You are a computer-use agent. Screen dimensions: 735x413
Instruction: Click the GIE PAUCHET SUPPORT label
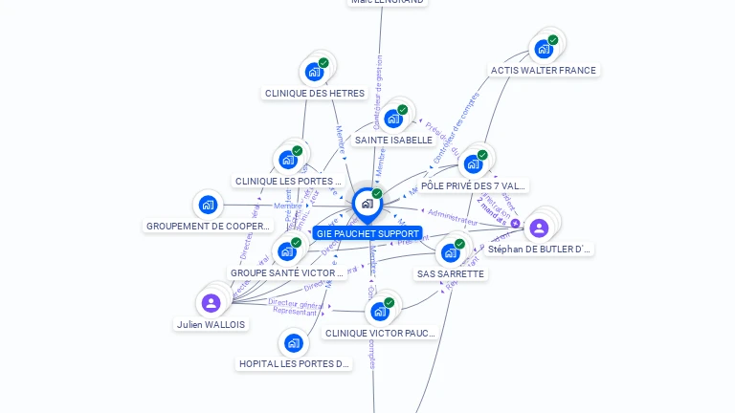tap(367, 233)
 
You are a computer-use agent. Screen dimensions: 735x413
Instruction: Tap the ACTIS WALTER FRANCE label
tap(543, 70)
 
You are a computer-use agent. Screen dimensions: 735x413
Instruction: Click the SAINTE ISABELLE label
tap(393, 140)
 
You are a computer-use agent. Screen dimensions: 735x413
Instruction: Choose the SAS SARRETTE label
tap(451, 273)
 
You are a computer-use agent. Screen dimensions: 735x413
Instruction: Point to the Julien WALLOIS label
tap(211, 324)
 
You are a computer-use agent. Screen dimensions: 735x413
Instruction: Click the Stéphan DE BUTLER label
tap(539, 249)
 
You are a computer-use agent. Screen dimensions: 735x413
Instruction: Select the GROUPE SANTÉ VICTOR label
tap(287, 272)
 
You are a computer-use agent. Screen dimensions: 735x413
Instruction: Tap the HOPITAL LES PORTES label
tap(294, 363)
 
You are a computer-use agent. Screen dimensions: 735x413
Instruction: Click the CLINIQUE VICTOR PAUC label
tap(380, 333)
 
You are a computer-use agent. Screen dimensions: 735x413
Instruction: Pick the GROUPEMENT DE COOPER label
tap(209, 226)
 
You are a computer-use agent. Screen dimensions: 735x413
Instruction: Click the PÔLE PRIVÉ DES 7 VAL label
tap(474, 185)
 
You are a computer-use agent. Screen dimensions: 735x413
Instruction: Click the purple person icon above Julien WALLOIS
tap(211, 303)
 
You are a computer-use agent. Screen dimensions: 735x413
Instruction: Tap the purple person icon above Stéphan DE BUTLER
tap(539, 228)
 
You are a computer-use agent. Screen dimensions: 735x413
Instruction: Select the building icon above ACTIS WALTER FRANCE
tap(543, 49)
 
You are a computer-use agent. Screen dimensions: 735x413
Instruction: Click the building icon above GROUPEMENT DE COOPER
tap(209, 205)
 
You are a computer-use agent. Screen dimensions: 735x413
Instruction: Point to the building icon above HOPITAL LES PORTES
tap(294, 342)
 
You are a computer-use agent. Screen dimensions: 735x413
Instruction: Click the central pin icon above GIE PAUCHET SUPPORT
tap(367, 204)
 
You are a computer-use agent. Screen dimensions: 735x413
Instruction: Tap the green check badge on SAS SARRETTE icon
tap(459, 244)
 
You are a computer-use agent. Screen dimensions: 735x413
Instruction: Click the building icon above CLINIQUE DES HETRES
tap(314, 72)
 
